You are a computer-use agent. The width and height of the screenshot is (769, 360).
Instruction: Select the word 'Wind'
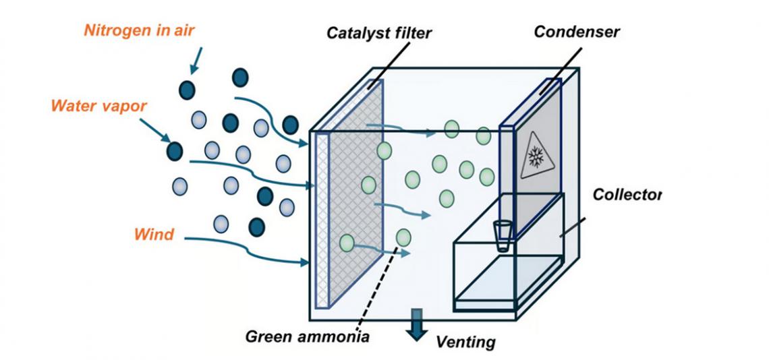point(154,235)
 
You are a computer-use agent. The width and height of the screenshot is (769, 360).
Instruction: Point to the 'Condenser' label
point(577,32)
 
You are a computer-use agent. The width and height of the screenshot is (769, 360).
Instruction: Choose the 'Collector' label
point(627,195)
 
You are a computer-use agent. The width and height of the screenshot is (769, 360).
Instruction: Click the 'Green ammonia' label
point(307,335)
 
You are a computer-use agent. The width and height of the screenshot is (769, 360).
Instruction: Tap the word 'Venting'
point(465,342)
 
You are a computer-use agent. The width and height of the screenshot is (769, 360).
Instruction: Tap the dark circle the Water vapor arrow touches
point(174,150)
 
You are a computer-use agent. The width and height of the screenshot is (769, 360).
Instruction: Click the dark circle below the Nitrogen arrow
point(187,89)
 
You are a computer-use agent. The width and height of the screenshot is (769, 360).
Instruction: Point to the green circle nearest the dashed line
point(403,237)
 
